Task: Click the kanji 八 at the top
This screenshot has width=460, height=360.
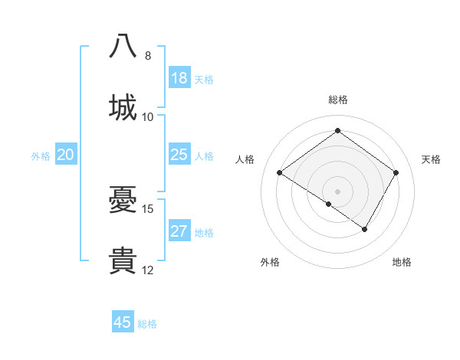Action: [x=123, y=47]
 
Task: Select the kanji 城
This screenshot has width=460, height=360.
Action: [x=123, y=107]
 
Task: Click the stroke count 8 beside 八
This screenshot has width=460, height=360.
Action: [x=148, y=56]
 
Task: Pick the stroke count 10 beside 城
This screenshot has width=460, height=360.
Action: [x=148, y=116]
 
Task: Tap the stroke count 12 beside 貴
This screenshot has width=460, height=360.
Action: [x=148, y=270]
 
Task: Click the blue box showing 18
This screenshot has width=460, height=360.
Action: [x=179, y=78]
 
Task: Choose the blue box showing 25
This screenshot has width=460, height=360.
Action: [x=179, y=155]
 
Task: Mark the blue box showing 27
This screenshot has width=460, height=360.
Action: [x=179, y=231]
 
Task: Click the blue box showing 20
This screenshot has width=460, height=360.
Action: [x=66, y=155]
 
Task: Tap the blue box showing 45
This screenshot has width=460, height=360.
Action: [x=123, y=322]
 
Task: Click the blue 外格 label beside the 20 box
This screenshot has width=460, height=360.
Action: [x=41, y=156]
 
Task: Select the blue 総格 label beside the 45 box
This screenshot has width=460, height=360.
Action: [x=147, y=324]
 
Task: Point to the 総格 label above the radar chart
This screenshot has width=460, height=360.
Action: [x=338, y=100]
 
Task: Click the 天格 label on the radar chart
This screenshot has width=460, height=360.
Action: [x=431, y=159]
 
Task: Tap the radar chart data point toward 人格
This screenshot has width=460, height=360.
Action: [x=280, y=173]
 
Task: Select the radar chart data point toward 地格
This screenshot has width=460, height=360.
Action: [x=365, y=229]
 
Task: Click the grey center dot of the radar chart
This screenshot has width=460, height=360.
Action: [x=337, y=191]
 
